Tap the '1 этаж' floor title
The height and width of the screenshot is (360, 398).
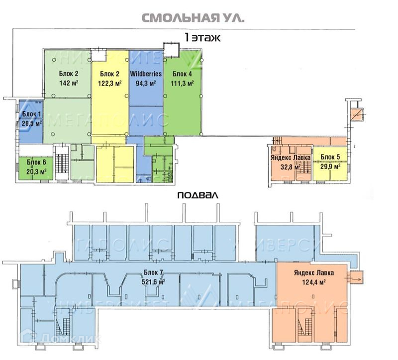pos(202,37)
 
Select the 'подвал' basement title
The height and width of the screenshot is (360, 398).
pos(198,195)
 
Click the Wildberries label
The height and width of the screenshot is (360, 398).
pos(146,74)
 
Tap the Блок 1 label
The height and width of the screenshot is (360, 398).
pos(31,114)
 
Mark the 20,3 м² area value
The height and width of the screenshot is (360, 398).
pos(36,171)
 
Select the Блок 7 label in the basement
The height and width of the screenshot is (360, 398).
pos(154,273)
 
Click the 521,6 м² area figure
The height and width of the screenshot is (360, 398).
pos(154,281)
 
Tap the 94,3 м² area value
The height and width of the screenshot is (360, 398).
pos(146,83)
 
